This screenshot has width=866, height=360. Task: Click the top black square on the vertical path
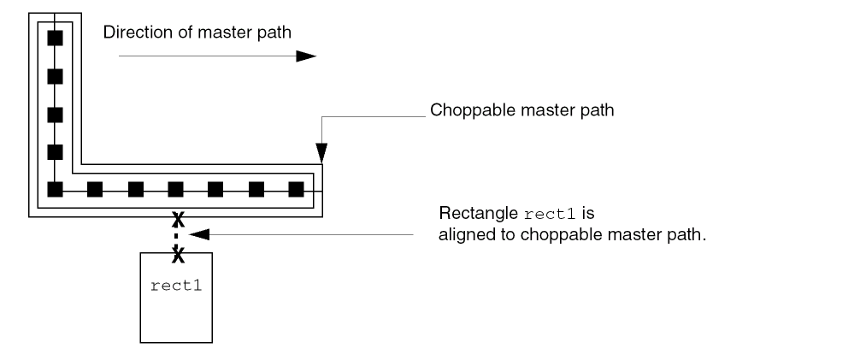55,38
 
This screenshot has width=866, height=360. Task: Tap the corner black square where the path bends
55,189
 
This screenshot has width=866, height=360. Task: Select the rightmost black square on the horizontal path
296,189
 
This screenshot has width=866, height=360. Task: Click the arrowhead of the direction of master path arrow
306,56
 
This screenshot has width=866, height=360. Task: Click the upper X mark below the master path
177,217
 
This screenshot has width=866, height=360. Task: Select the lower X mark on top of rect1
177,254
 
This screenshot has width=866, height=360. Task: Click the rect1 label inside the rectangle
176,285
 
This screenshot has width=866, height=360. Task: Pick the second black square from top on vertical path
55,76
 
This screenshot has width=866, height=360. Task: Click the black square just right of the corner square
95,189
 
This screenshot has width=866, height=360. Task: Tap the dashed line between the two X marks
177,236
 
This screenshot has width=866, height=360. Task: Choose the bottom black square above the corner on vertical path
55,152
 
